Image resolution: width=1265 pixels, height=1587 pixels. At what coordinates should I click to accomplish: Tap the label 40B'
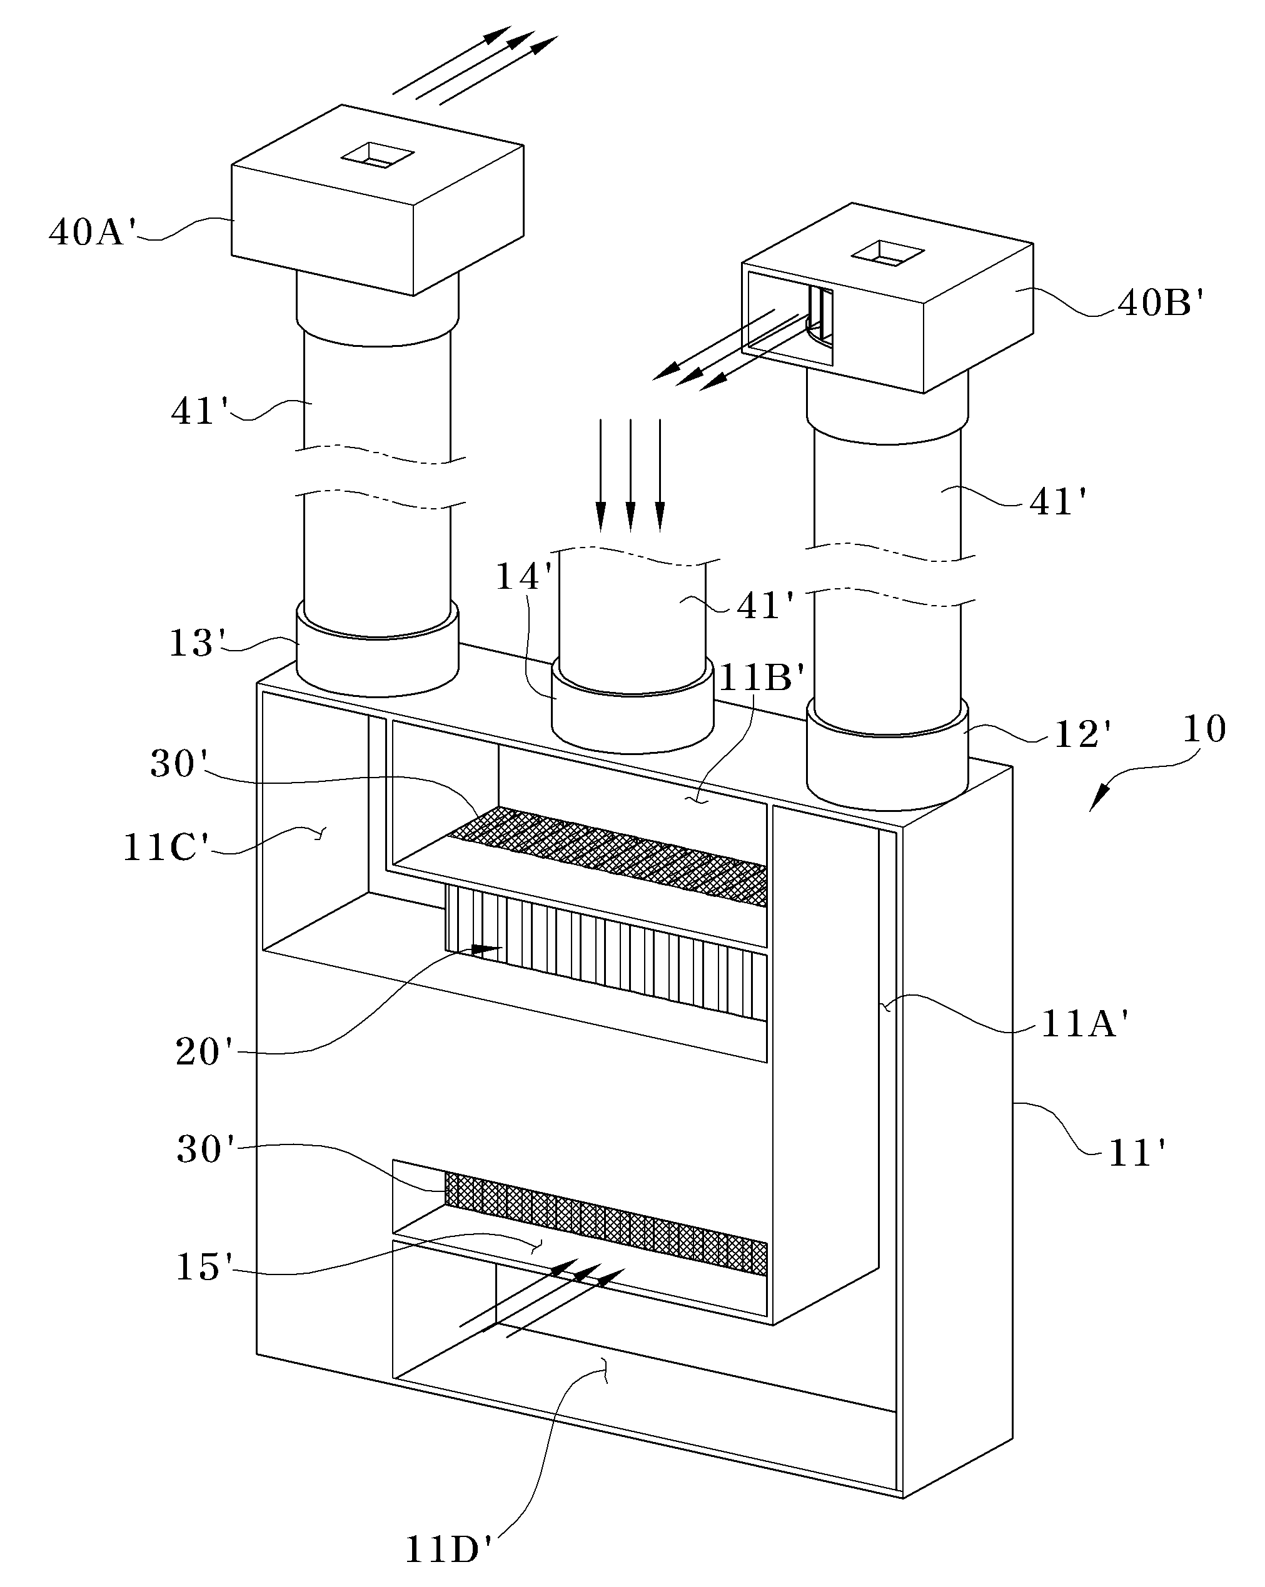click(1161, 303)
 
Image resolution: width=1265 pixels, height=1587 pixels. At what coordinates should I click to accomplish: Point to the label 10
click(1204, 728)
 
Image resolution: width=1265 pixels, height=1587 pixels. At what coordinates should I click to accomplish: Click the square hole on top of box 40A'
click(378, 154)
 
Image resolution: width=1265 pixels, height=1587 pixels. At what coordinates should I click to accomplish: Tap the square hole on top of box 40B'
click(887, 253)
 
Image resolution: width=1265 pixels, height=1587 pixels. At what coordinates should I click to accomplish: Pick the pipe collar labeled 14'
click(633, 705)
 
